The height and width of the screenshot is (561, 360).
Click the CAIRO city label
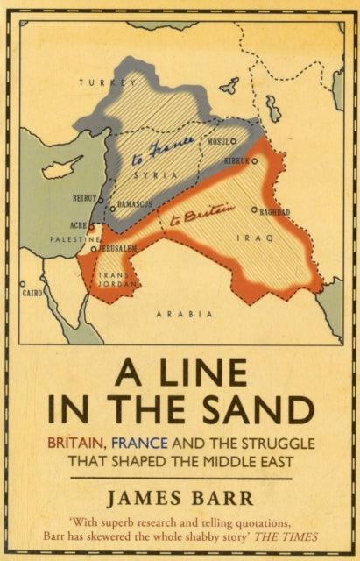(32, 292)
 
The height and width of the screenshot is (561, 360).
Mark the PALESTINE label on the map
(73, 238)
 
